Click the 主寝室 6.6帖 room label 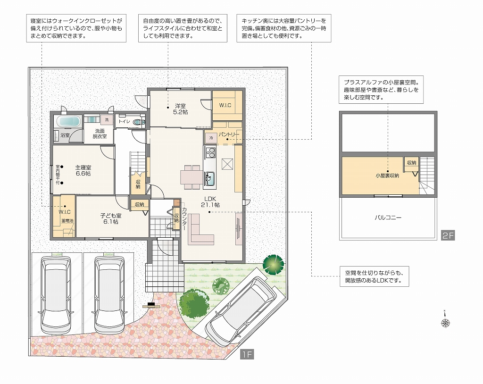83,170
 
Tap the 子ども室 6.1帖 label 111,218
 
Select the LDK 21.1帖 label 210,201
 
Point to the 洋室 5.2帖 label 181,109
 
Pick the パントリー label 229,134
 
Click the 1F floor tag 247,354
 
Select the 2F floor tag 448,235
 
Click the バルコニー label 388,217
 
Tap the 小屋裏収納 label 387,175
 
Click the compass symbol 445,321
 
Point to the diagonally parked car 240,311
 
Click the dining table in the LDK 192,177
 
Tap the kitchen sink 209,178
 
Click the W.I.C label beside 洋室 225,105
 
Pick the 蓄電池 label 67,221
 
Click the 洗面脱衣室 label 100,134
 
